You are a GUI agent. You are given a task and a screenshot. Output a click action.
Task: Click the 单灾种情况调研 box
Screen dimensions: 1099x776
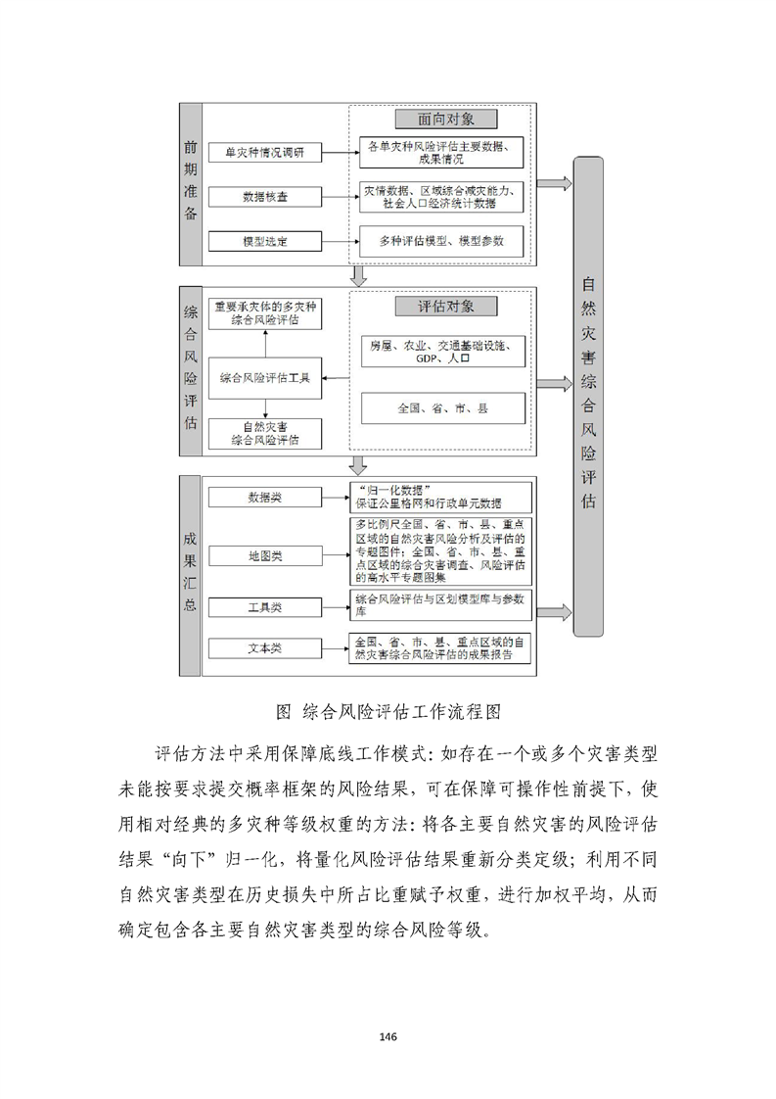pyautogui.click(x=265, y=153)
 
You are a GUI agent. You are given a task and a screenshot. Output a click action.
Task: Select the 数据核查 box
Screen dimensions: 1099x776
pyautogui.click(x=265, y=197)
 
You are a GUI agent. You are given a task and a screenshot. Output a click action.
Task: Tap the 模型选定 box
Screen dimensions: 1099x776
pyautogui.click(x=265, y=240)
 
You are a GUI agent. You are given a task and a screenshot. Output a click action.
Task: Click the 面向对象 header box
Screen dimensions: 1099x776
pyautogui.click(x=445, y=119)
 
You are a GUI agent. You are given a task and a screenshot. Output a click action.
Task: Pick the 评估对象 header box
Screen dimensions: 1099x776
pyautogui.click(x=445, y=306)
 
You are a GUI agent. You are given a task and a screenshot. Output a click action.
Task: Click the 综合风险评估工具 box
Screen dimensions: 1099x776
pyautogui.click(x=265, y=377)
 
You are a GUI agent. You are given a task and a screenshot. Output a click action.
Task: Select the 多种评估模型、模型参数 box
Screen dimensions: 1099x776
pyautogui.click(x=442, y=240)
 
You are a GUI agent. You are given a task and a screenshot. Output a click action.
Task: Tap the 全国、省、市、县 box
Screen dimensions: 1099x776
pyautogui.click(x=442, y=407)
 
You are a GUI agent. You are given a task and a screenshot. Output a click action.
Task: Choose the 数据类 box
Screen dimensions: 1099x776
pyautogui.click(x=264, y=498)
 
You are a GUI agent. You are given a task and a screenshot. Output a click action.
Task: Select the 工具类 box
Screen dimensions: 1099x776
pyautogui.click(x=264, y=607)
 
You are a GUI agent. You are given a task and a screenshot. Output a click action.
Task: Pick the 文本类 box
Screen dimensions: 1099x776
pyautogui.click(x=264, y=649)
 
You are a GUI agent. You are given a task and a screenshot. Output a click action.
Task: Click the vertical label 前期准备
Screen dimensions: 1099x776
pyautogui.click(x=190, y=181)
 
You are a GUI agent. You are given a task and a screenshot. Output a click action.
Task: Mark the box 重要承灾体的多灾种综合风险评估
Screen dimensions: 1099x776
pyautogui.click(x=265, y=312)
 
